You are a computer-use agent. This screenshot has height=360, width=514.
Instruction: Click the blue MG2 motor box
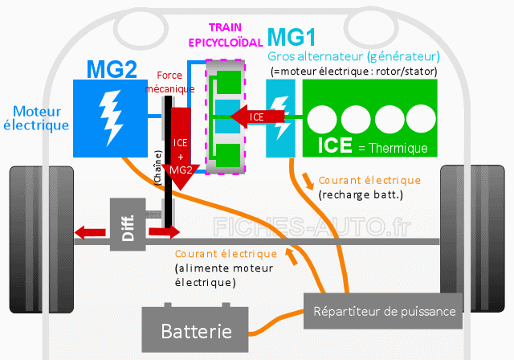pyautogui.click(x=110, y=118)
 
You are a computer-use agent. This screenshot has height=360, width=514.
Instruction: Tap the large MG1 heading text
pyautogui.click(x=292, y=38)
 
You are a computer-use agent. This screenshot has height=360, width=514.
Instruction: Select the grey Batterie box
pyautogui.click(x=195, y=329)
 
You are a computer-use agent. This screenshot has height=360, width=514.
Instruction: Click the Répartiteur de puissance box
pyautogui.click(x=383, y=311)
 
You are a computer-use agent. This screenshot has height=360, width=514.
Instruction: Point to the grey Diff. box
pyautogui.click(x=128, y=224)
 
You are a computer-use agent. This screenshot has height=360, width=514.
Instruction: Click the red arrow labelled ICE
pyautogui.click(x=257, y=117)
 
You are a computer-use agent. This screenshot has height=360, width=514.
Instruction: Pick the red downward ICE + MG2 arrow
pyautogui.click(x=181, y=149)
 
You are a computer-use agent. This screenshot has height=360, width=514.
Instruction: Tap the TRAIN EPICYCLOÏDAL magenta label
pyautogui.click(x=226, y=35)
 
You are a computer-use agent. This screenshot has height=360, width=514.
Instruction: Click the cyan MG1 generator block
pyautogui.click(x=280, y=118)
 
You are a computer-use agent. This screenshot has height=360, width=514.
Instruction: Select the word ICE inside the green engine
pyautogui.click(x=335, y=145)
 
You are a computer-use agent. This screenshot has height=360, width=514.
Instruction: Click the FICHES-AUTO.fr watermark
pyautogui.click(x=312, y=227)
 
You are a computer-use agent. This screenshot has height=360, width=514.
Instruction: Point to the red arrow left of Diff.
pyautogui.click(x=90, y=232)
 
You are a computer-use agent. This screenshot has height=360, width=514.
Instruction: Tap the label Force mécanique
pyautogui.click(x=169, y=82)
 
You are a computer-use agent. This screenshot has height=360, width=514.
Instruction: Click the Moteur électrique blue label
pyautogui.click(x=36, y=118)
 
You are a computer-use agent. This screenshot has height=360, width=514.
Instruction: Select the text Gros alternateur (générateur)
pyautogui.click(x=353, y=57)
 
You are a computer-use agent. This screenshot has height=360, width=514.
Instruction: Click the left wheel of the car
pyautogui.click(x=42, y=239)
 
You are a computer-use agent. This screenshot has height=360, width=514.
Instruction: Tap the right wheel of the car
pyautogui.click(x=472, y=239)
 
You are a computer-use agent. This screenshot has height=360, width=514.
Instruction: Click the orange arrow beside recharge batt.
pyautogui.click(x=308, y=182)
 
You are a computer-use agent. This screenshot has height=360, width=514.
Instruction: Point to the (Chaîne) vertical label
pyautogui.click(x=157, y=168)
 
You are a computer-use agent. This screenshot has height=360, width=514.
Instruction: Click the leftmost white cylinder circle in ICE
pyautogui.click(x=322, y=119)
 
